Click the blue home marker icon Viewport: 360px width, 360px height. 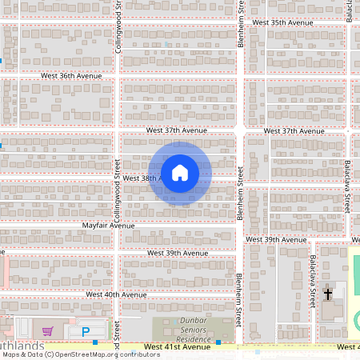[179, 173]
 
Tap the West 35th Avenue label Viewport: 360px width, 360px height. [282, 23]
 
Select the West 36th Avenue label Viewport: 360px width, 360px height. [71, 76]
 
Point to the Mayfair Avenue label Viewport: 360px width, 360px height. [109, 226]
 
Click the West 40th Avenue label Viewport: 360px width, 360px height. [116, 295]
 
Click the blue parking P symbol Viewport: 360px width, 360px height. [85, 330]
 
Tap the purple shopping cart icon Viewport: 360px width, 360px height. [48, 330]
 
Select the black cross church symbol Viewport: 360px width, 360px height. [327, 294]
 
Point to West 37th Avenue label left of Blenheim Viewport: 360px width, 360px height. [176, 130]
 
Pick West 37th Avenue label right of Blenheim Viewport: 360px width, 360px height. [292, 130]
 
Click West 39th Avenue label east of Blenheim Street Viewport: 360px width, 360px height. [276, 239]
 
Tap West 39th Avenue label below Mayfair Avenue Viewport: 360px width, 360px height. [177, 253]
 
